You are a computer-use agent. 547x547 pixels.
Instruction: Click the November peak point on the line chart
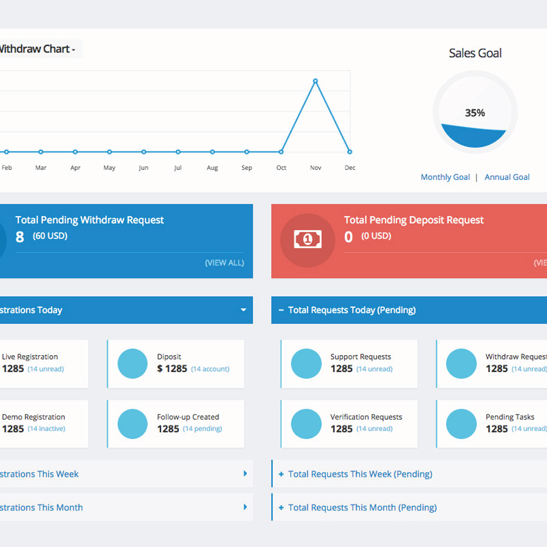(x=315, y=81)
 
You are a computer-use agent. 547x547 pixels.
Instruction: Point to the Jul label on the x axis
(x=178, y=168)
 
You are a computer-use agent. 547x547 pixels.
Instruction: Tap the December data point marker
(x=350, y=152)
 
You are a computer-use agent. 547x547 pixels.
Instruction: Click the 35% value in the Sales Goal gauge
(x=475, y=113)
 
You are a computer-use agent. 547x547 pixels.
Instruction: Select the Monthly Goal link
(x=445, y=177)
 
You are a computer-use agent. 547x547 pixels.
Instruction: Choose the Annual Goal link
(x=507, y=177)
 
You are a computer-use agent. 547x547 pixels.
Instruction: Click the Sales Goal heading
(x=475, y=53)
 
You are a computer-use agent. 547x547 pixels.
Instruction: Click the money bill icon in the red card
(x=308, y=240)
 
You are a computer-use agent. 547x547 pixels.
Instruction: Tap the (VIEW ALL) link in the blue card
(x=224, y=263)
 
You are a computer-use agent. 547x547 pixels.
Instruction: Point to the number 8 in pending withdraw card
(x=20, y=237)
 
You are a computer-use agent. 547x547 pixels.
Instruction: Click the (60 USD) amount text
(x=50, y=236)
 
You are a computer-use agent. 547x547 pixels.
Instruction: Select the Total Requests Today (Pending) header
(x=351, y=310)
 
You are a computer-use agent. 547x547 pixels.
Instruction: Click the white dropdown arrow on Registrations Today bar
(x=244, y=310)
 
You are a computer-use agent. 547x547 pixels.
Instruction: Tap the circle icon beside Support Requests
(x=306, y=364)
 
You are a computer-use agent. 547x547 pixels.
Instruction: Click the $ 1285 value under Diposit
(x=172, y=369)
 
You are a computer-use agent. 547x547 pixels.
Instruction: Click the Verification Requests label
(x=366, y=417)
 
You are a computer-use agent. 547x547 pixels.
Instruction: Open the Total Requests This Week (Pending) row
(x=360, y=474)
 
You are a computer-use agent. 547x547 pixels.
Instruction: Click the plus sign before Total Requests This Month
(x=281, y=507)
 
